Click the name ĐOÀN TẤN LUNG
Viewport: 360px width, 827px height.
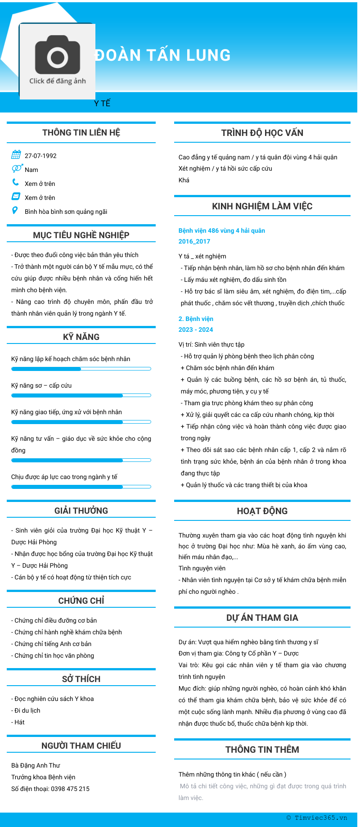(x=162, y=55)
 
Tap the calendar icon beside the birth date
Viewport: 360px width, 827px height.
(x=16, y=155)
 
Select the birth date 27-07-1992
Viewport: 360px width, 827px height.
(x=40, y=156)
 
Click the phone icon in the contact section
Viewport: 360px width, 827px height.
(x=16, y=182)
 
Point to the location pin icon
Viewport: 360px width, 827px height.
(x=15, y=210)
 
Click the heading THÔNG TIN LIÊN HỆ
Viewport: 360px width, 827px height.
(x=81, y=132)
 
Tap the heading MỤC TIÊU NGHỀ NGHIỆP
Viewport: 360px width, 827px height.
(x=81, y=235)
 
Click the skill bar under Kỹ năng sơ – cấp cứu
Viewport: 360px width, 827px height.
(x=81, y=396)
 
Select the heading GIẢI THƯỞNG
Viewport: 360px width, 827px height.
(x=81, y=511)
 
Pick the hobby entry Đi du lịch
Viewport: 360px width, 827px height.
(x=27, y=710)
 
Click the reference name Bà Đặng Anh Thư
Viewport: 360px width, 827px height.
(x=36, y=765)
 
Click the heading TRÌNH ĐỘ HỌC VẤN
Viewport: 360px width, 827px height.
(x=262, y=133)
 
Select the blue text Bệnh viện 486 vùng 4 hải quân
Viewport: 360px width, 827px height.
(x=221, y=230)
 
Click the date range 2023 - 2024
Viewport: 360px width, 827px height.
(x=195, y=330)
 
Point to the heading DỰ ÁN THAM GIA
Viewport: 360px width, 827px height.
(x=262, y=618)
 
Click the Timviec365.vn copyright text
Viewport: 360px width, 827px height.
(x=317, y=818)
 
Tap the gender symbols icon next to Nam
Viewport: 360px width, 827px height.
(x=17, y=168)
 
